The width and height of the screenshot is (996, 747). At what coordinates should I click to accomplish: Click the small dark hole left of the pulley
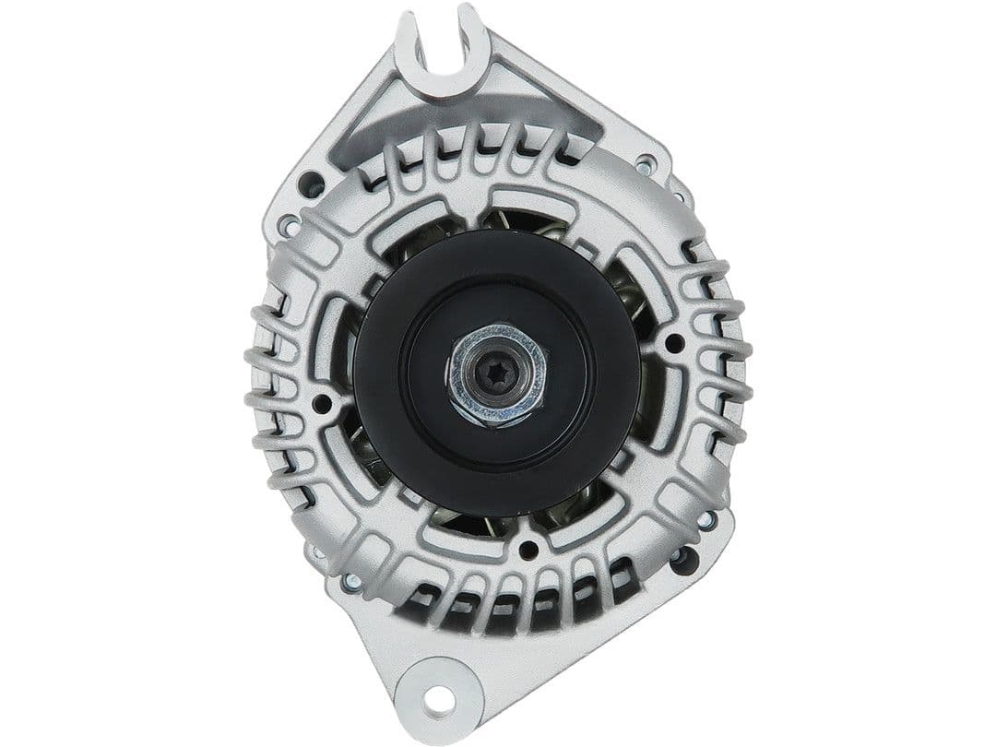point(321,403)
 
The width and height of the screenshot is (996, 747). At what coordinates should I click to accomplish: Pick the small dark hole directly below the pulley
point(528,551)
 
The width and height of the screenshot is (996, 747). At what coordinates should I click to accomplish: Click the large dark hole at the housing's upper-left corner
point(312,183)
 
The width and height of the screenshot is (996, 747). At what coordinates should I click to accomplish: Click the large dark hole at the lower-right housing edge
point(683,559)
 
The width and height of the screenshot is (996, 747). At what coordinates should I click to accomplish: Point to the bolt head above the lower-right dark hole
point(706,520)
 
